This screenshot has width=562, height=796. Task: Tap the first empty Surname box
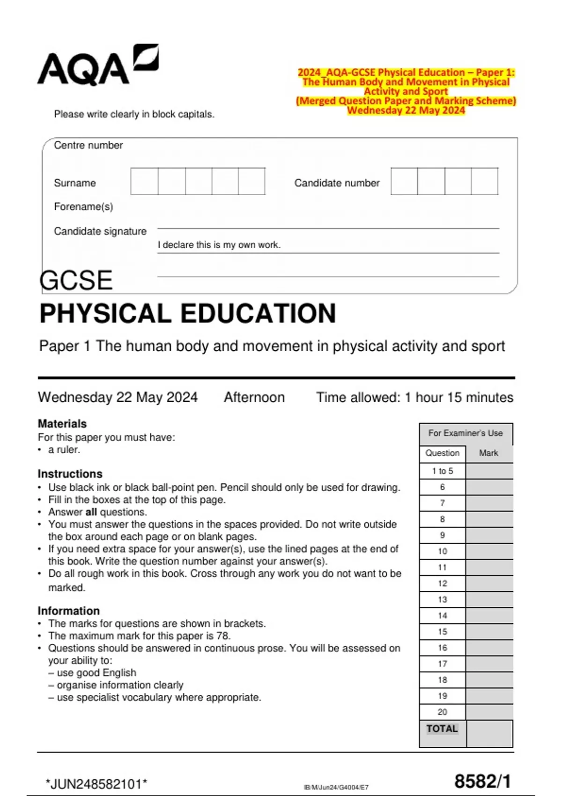[144, 181]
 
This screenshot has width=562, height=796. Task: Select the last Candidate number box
[484, 181]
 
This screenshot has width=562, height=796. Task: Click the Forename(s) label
[83, 206]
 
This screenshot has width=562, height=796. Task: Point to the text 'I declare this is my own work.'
[219, 245]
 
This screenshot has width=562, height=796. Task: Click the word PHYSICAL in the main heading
[105, 313]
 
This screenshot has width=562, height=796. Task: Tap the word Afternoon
[254, 398]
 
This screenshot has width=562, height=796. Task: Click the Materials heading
[62, 424]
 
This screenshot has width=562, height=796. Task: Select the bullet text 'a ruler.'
[64, 450]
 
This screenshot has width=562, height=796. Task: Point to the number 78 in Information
[223, 636]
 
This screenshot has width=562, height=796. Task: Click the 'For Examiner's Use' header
[466, 433]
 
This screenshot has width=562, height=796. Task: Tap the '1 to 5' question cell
[443, 471]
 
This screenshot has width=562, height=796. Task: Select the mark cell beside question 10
[489, 551]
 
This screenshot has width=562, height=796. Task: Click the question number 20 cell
[443, 712]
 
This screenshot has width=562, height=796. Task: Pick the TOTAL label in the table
[442, 729]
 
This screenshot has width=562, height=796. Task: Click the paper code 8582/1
[482, 781]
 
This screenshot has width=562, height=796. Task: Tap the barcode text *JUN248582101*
[96, 784]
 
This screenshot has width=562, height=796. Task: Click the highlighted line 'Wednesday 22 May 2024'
[406, 111]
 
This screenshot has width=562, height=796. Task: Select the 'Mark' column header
[488, 453]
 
